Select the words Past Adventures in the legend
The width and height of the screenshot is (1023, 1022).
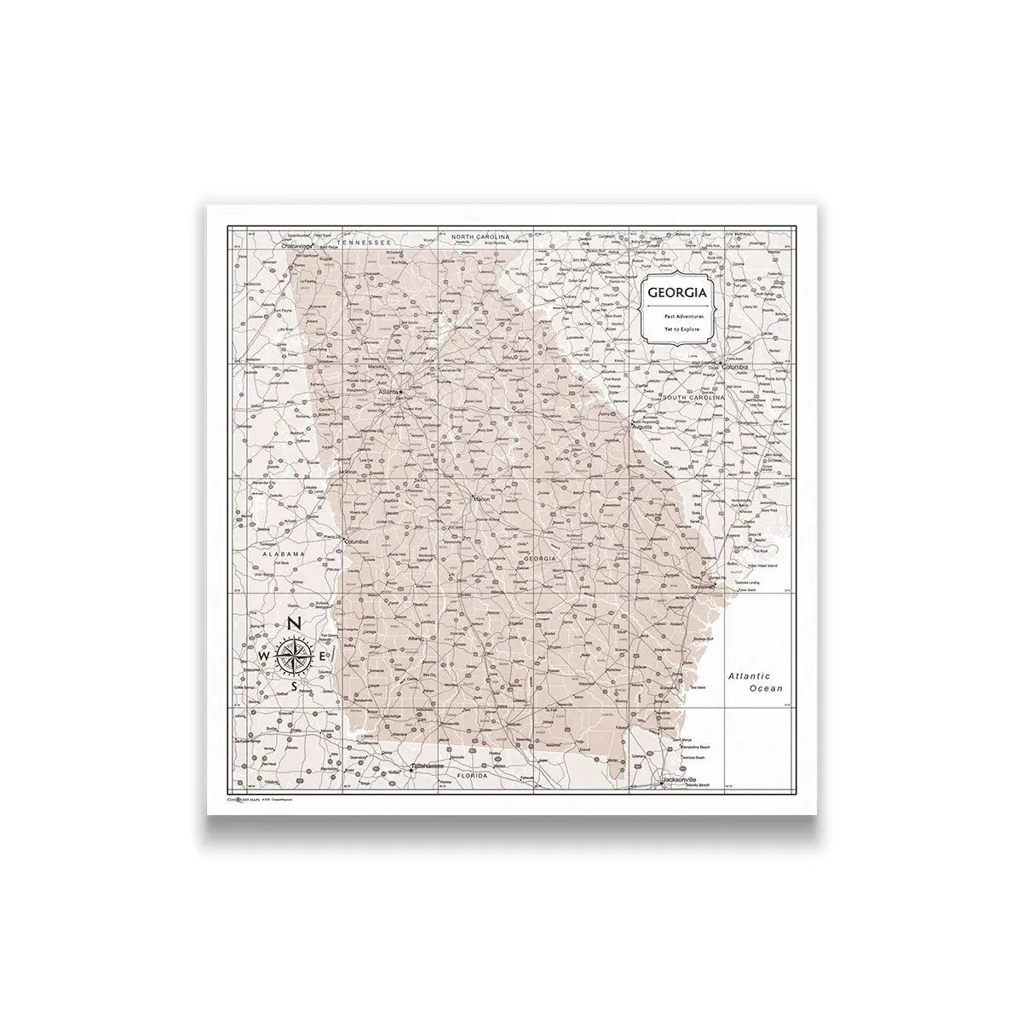pos(678,316)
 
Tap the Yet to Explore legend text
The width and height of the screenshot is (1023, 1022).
pos(678,328)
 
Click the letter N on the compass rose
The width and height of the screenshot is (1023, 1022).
pos(293,623)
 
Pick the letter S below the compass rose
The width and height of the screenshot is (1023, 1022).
pos(294,686)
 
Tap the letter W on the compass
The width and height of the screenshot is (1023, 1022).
pos(264,656)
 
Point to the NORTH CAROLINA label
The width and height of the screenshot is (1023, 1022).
pos(480,235)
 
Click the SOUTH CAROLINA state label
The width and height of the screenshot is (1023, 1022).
pos(694,398)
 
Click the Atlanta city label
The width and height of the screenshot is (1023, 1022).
pos(389,393)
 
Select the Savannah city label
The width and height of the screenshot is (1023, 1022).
pos(703,587)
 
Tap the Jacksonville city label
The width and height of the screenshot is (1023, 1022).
pos(680,779)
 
